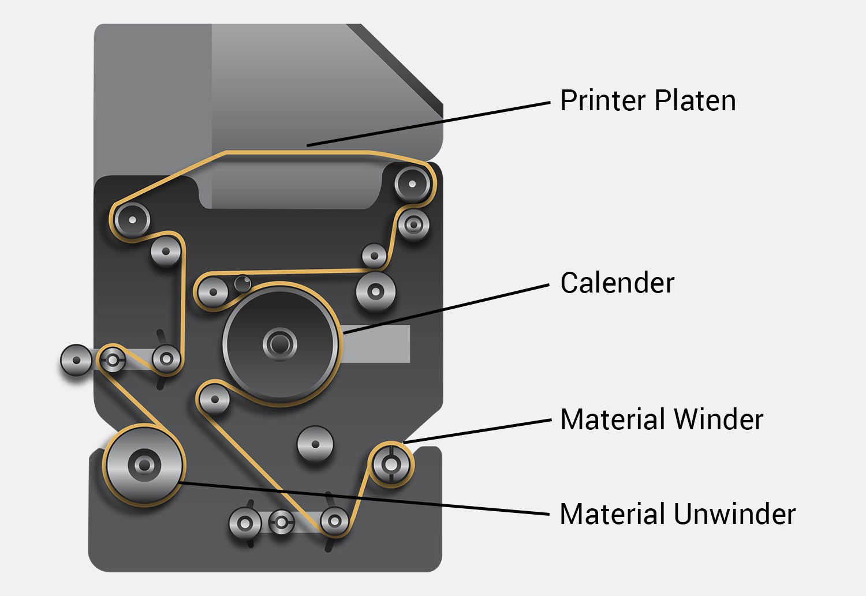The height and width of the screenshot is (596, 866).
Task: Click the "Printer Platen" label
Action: tap(648, 101)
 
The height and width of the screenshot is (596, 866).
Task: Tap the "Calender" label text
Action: tap(617, 283)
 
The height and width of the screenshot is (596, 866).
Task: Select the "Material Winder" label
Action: tap(662, 419)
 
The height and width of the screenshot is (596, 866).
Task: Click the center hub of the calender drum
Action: tap(280, 344)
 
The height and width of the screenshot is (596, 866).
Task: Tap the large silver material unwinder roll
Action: tap(143, 464)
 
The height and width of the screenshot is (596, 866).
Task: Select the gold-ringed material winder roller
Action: tap(391, 463)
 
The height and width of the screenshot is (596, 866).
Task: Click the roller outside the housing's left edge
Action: tap(76, 360)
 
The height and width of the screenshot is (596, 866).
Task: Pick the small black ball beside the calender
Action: tap(242, 282)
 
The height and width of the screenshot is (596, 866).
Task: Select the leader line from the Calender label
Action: tap(445, 309)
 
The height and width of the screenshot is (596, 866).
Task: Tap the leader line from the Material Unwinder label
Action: tap(364, 498)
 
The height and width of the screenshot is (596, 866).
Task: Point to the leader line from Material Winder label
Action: tap(479, 431)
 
